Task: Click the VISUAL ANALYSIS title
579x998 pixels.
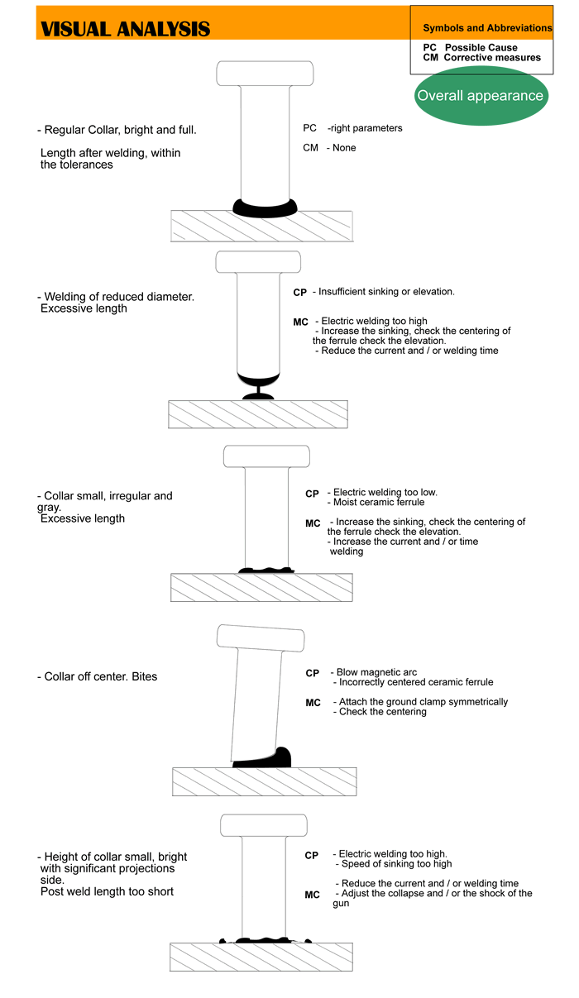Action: tap(125, 30)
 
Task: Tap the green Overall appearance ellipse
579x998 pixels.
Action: tap(481, 96)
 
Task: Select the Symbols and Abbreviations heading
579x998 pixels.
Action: tap(487, 28)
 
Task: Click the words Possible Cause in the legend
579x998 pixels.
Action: tap(481, 48)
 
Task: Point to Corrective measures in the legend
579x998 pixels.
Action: tap(492, 58)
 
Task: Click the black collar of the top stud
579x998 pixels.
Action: tap(265, 208)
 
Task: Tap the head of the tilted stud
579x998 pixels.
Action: tap(261, 638)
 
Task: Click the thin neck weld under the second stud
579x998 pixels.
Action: tap(258, 392)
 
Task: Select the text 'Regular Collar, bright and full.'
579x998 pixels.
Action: tap(120, 130)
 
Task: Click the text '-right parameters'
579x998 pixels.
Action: tap(365, 128)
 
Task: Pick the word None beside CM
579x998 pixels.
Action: tap(344, 148)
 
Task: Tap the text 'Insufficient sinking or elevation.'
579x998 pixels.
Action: tap(386, 291)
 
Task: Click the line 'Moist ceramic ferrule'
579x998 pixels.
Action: tap(379, 502)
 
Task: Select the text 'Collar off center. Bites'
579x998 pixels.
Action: tap(101, 676)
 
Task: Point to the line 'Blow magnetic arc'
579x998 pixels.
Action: tap(376, 672)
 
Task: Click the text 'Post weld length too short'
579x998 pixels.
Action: tap(107, 891)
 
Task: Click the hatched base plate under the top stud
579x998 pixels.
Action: tap(261, 227)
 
